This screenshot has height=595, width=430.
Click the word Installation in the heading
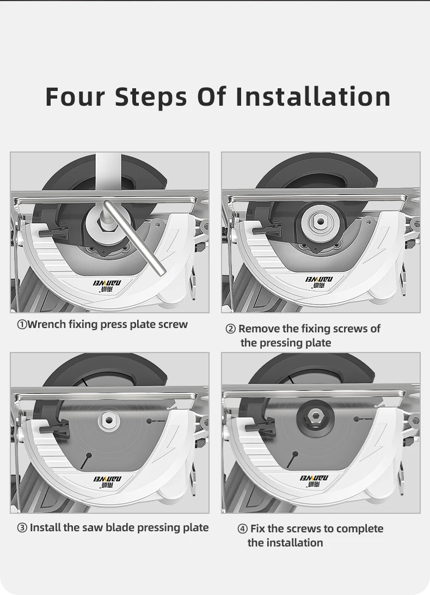pos(313,96)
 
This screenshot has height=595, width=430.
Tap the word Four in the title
pos(75,96)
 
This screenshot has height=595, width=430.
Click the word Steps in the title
pos(151,98)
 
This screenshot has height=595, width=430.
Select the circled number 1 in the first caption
pos(22,325)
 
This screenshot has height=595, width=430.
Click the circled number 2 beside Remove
pos(231,329)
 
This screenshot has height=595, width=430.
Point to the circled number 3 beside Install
pos(22,528)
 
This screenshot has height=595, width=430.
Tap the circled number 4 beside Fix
pos(243,529)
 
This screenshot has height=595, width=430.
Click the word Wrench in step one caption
pos(47,324)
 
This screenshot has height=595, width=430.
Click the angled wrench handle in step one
pos(135,236)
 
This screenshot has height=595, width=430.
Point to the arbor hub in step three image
pos(109,420)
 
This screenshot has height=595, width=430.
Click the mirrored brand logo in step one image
pos(107,286)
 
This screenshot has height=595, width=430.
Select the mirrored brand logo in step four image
pos(315,481)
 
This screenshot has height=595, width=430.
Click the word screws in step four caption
pos(299,529)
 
